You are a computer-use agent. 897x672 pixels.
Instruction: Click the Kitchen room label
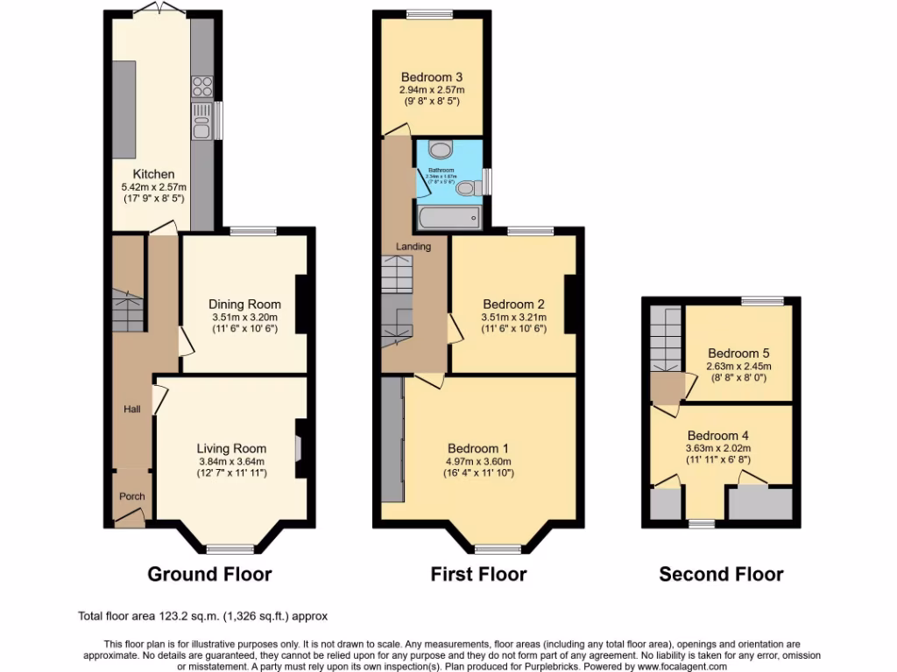point(153,174)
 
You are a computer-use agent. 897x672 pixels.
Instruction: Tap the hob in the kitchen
point(202,87)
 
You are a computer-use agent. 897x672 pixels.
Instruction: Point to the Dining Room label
point(244,304)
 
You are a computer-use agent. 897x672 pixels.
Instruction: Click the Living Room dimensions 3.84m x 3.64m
point(230,461)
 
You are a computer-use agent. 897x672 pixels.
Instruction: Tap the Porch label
point(131,496)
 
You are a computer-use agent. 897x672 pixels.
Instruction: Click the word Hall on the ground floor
point(131,408)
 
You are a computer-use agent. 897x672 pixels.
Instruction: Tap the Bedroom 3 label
point(432,77)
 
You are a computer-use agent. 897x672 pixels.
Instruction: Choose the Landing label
point(413,247)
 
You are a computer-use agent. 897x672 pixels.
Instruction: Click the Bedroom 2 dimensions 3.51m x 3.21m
point(513,317)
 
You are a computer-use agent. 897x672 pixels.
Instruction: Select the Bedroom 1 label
point(477,449)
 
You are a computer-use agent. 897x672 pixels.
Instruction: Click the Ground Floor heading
point(209,574)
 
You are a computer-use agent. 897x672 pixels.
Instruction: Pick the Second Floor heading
point(721,574)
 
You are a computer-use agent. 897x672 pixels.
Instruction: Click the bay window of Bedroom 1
point(498,549)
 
